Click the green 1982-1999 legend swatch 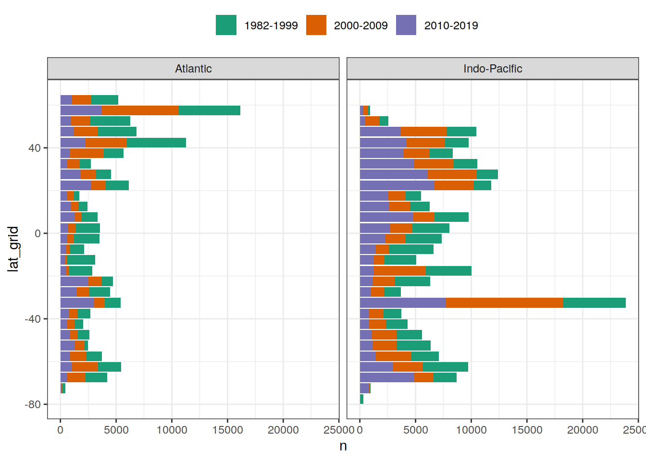[x=226, y=25]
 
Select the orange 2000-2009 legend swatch [x=316, y=25]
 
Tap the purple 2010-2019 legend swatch [x=406, y=25]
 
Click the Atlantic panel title [x=193, y=69]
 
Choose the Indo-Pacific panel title [x=493, y=69]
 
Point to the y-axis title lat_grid [x=13, y=249]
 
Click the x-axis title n [x=343, y=446]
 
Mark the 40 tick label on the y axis [x=35, y=148]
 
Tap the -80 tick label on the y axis [x=33, y=404]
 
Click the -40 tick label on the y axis [x=33, y=319]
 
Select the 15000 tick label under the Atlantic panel [x=227, y=430]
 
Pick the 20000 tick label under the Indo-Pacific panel [x=583, y=430]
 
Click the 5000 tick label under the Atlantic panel [x=116, y=430]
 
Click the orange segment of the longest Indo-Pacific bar [x=504, y=303]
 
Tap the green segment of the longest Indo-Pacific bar [x=594, y=303]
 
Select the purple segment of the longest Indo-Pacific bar [x=403, y=303]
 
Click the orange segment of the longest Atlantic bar [x=140, y=110]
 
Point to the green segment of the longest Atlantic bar [x=209, y=110]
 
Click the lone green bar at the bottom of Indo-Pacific [x=361, y=399]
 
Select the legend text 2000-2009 [x=360, y=25]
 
